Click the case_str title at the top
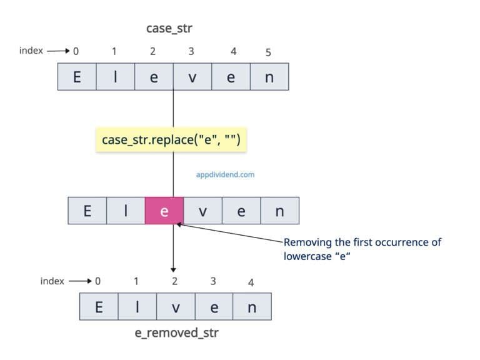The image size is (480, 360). pos(172,28)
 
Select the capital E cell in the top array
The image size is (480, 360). pos(77,77)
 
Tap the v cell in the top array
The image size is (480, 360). pos(192,77)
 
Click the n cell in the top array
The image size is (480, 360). pos(269,77)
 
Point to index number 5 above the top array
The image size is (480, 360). pos(268,52)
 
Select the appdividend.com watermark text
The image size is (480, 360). pos(225,175)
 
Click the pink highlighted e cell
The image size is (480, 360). pos(164,211)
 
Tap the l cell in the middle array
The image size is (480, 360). pos(126,211)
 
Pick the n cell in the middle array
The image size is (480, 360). pos(279,211)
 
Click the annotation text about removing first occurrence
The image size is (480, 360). pos(362,248)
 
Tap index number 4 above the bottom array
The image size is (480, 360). pos(251,282)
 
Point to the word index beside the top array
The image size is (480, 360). pos(31,51)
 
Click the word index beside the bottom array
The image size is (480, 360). pos(52,281)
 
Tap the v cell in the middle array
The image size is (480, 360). pos(202,211)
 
